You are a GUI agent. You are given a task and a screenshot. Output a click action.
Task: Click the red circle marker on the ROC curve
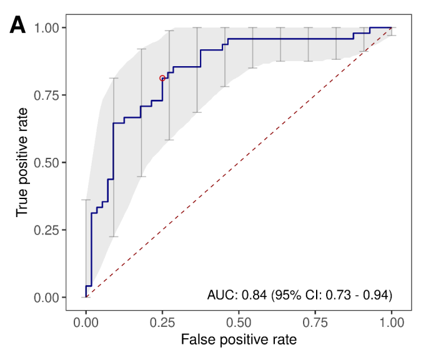(162, 79)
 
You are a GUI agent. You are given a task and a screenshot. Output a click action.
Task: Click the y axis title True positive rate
(22, 162)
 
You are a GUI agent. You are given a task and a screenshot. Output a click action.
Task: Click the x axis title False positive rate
(238, 341)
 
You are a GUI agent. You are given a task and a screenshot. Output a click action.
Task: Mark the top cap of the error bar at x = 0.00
(86, 200)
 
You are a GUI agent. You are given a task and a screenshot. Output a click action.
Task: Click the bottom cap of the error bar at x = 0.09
(114, 236)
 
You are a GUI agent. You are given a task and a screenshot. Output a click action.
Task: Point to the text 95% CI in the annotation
(293, 294)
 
